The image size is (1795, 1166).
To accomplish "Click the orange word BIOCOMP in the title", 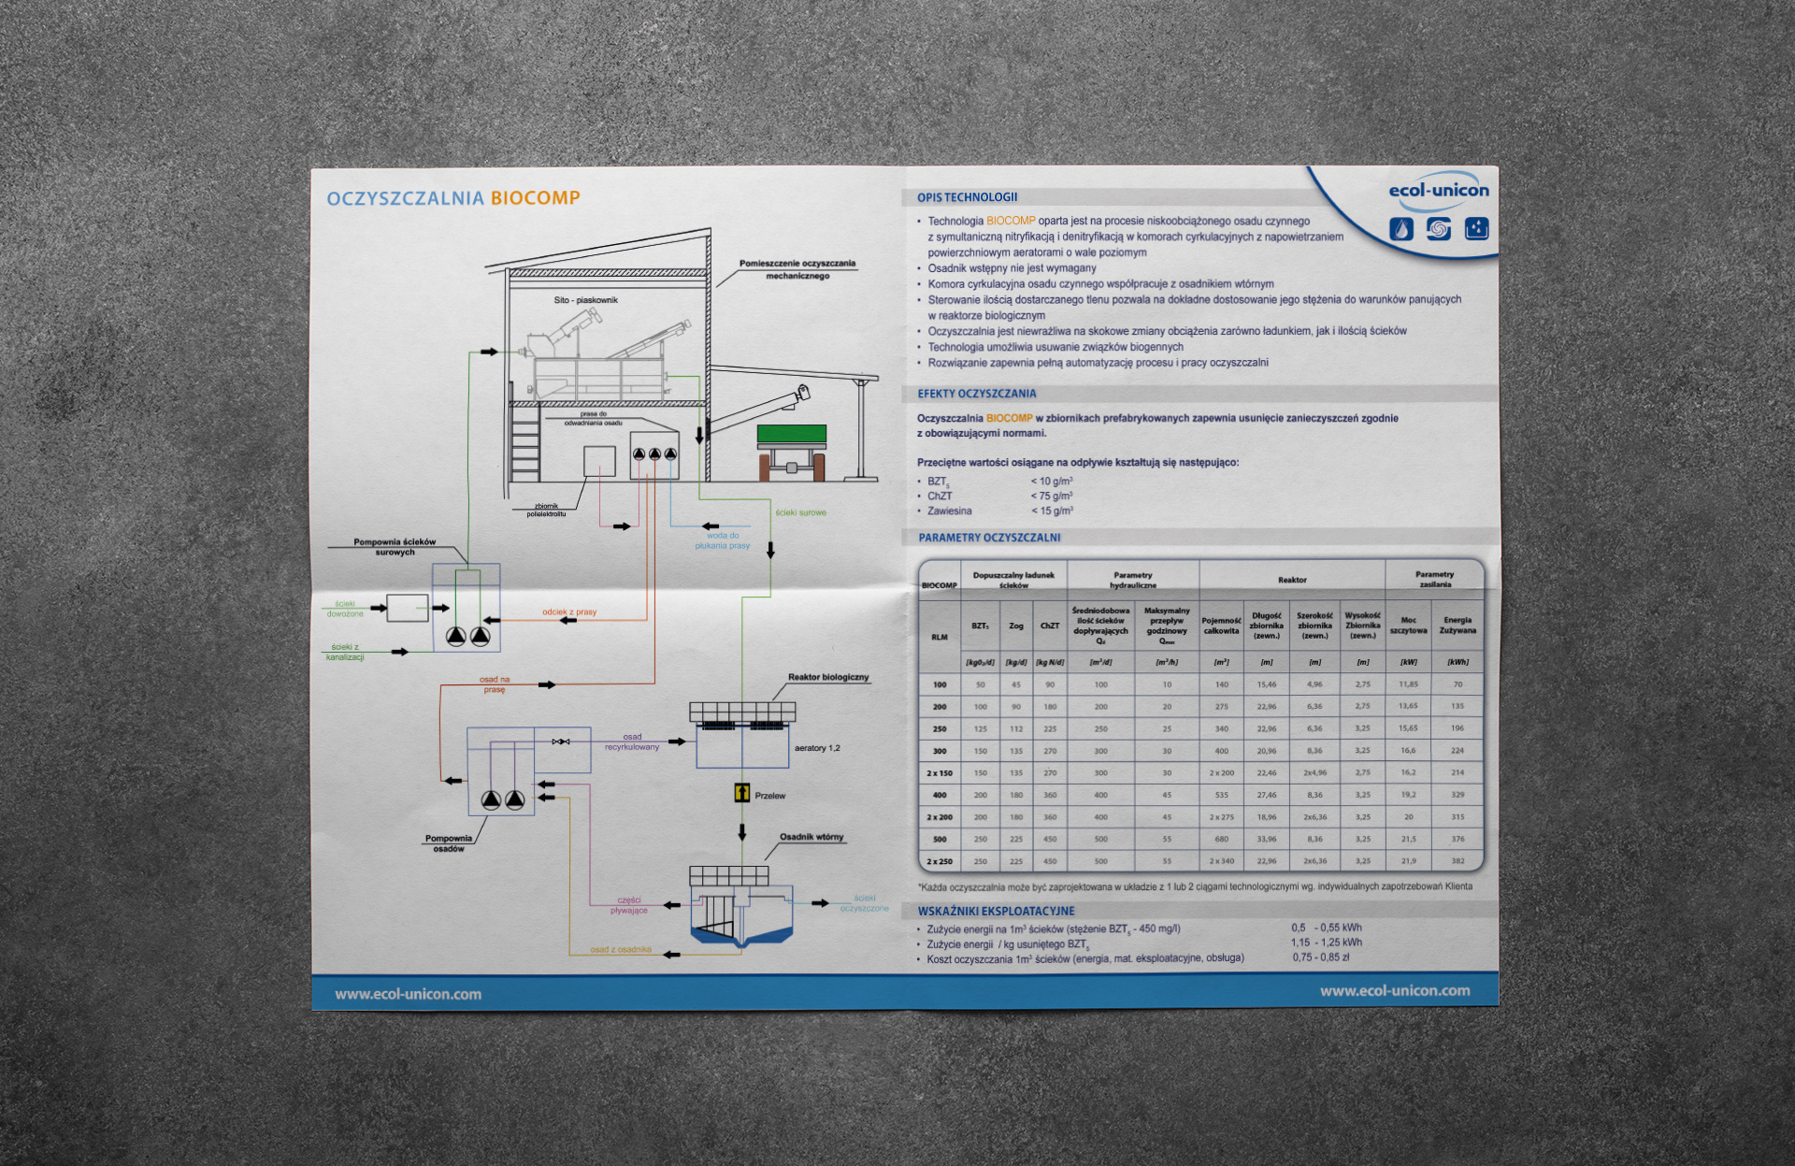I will (x=535, y=198).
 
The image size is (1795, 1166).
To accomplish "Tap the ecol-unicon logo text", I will (x=1438, y=191).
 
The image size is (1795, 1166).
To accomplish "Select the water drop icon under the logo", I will (x=1400, y=229).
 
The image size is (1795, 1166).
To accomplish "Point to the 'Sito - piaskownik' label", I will (x=585, y=300).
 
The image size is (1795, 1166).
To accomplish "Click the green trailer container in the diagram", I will (x=791, y=434).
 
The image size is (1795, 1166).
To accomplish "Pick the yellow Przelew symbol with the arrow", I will (x=741, y=794).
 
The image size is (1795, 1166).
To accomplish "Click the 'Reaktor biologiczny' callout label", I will (x=827, y=677).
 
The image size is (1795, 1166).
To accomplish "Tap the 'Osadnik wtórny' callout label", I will (x=811, y=837).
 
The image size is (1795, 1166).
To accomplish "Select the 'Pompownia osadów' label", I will (x=448, y=843).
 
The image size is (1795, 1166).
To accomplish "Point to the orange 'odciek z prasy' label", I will (x=568, y=612).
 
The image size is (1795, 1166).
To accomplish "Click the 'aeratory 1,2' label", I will (x=816, y=748).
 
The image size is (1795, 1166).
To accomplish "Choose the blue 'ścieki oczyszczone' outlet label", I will (x=864, y=903).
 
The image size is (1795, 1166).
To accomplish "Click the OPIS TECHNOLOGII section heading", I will (x=967, y=197).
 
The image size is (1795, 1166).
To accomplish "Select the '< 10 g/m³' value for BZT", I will (x=1051, y=482).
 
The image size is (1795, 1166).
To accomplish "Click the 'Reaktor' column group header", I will (x=1291, y=580).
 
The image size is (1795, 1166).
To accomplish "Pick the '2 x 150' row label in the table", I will (x=939, y=773).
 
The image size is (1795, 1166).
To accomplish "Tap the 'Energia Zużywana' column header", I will (x=1457, y=625).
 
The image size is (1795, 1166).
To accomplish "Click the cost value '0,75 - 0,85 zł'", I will (x=1320, y=957).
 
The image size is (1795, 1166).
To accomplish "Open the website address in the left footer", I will (x=408, y=994).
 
